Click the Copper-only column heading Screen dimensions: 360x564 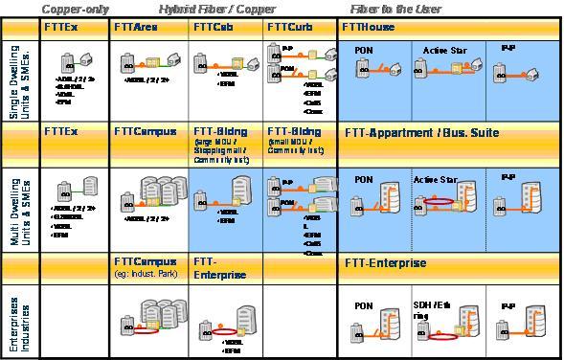pos(68,9)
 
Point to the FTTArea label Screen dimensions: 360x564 pos(136,28)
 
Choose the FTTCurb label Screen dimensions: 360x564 pos(288,28)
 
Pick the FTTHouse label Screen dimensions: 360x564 pos(369,28)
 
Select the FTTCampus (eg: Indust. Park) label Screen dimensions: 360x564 pos(148,266)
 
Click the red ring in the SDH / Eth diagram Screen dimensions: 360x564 pos(441,336)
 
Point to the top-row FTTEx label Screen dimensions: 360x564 pos(61,28)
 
